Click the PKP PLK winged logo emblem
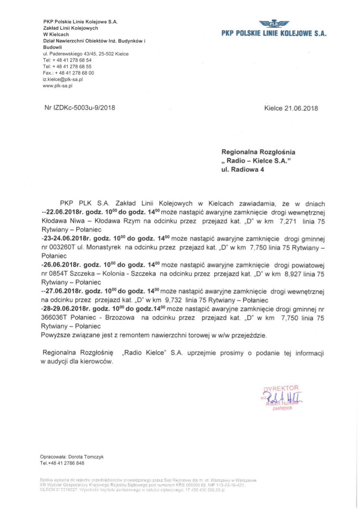(x=274, y=24)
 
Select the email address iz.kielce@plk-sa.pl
(x=63, y=80)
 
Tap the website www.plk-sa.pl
(x=58, y=86)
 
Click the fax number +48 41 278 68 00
(x=74, y=73)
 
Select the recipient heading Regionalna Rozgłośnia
(x=258, y=152)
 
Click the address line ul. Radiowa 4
(x=243, y=170)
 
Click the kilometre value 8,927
(x=291, y=274)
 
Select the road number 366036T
(x=54, y=318)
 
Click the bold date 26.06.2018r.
(x=61, y=265)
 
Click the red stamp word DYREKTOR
(x=282, y=388)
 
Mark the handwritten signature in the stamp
(x=285, y=398)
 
